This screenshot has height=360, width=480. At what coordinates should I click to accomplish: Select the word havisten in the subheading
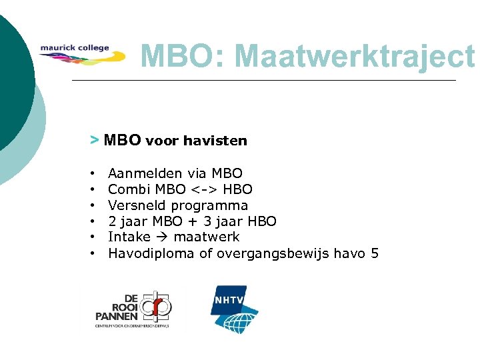pyautogui.click(x=215, y=141)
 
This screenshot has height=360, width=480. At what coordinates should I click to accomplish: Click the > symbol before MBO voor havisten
pyautogui.click(x=94, y=140)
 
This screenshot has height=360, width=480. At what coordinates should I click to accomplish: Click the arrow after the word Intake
pyautogui.click(x=162, y=237)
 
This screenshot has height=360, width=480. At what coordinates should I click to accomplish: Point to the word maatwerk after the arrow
pyautogui.click(x=207, y=237)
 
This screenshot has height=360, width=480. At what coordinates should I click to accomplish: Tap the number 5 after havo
pyautogui.click(x=374, y=253)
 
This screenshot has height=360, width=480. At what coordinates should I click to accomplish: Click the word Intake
pyautogui.click(x=129, y=237)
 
